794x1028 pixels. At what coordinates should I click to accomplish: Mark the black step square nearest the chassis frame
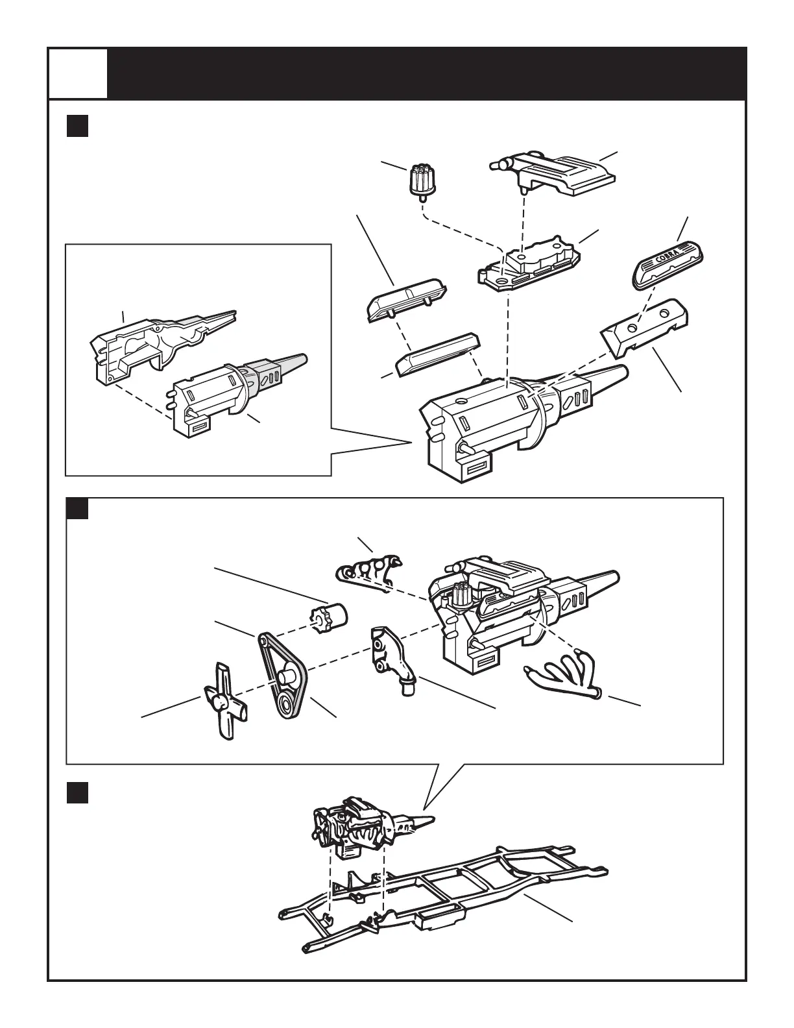pos(78,792)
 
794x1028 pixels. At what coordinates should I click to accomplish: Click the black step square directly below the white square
pos(78,126)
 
